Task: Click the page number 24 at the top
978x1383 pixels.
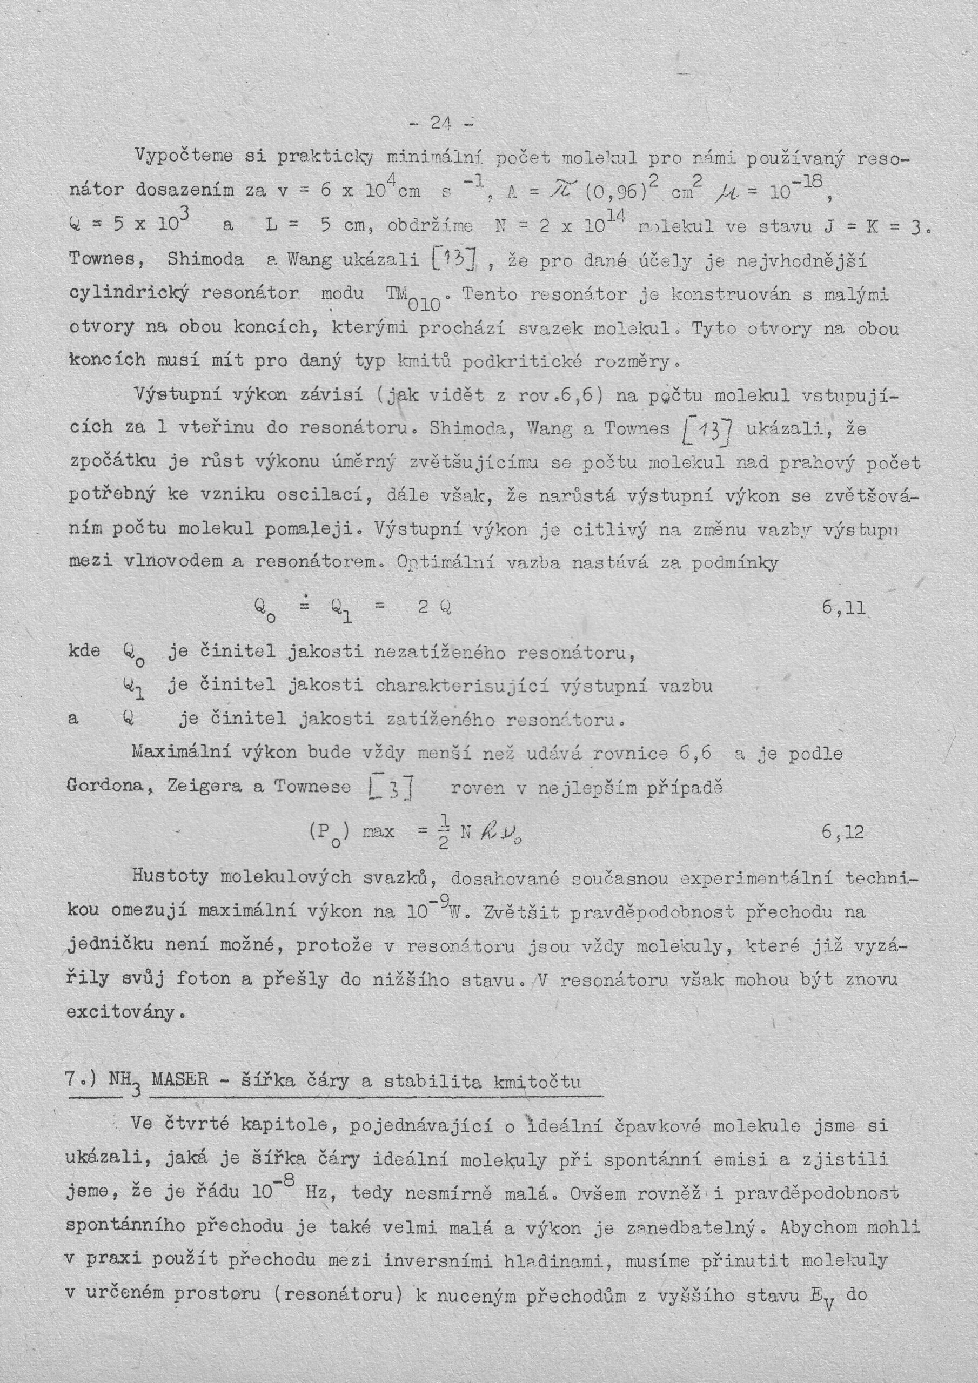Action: coord(441,124)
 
